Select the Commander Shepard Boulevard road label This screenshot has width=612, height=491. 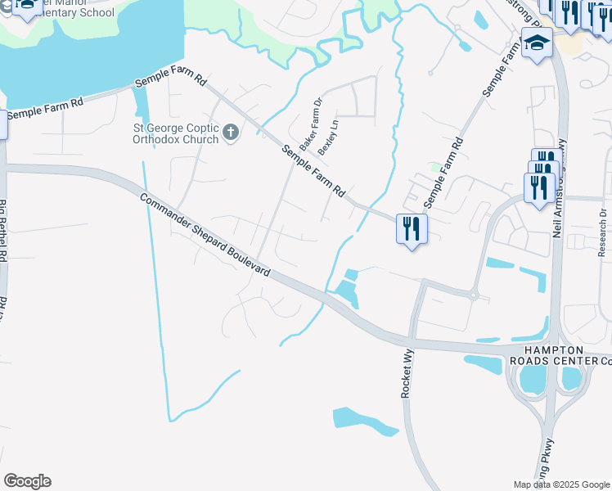click(x=205, y=234)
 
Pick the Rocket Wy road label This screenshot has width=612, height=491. click(x=407, y=373)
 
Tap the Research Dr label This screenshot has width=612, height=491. click(x=603, y=232)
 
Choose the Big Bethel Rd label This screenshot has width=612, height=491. click(x=4, y=237)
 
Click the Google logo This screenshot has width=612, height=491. click(x=27, y=481)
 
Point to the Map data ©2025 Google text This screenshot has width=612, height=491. click(x=562, y=484)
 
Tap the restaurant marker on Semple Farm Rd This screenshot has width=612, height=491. click(x=411, y=228)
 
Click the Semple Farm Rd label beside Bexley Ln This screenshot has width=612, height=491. click(x=313, y=170)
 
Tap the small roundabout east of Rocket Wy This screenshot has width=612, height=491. click(x=473, y=294)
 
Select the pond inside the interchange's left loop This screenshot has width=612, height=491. click(x=533, y=379)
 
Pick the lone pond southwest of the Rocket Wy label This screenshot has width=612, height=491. click(x=366, y=419)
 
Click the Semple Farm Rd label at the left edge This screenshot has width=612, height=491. click(x=45, y=110)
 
